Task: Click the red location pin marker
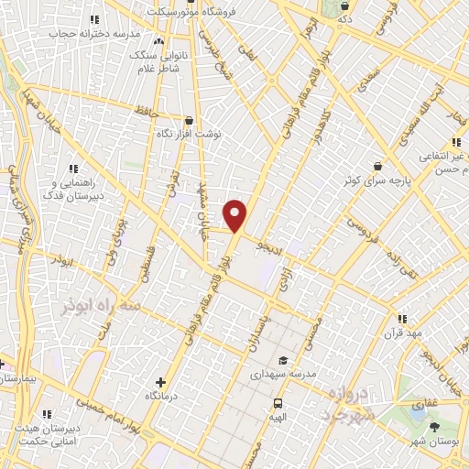click(234, 215)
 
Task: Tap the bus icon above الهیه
click(277, 403)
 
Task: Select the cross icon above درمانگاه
click(161, 382)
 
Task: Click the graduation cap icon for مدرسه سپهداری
click(283, 360)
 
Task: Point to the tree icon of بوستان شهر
click(434, 427)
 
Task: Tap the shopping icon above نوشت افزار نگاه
click(189, 120)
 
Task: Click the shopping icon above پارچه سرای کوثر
click(377, 166)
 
